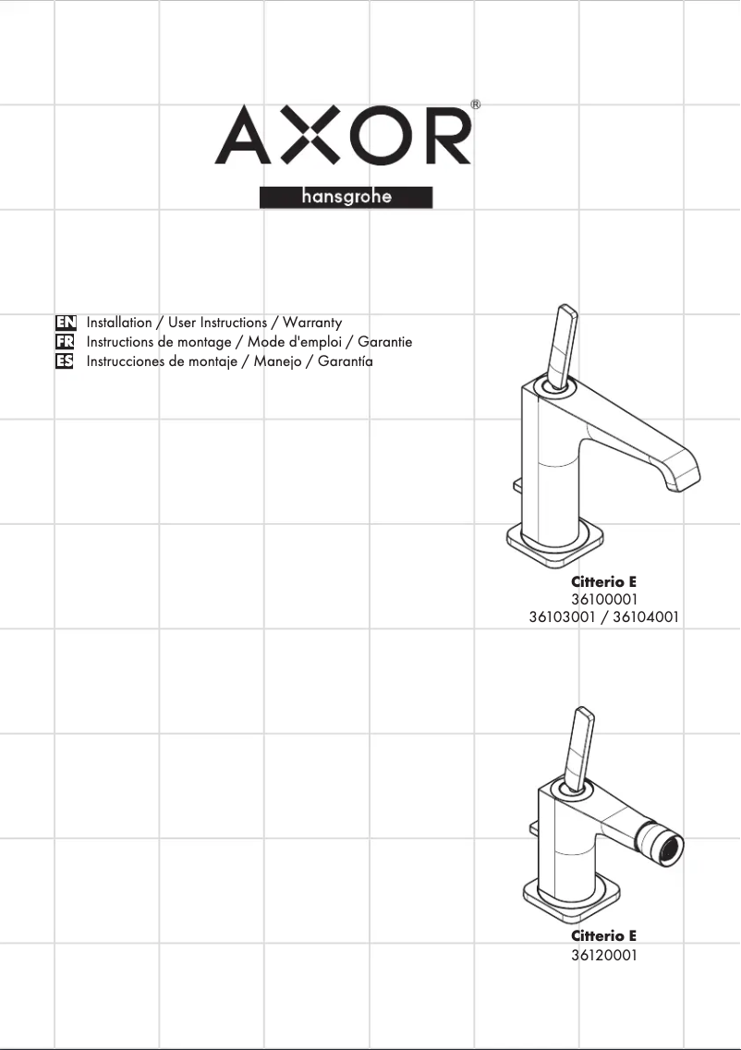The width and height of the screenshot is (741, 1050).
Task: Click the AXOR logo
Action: [x=343, y=135]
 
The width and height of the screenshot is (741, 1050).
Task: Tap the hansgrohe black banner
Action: [x=346, y=197]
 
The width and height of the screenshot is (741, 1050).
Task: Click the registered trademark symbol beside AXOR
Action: [x=475, y=104]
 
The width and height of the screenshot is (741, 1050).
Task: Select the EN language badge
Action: [x=66, y=323]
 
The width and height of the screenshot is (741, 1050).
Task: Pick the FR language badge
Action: [x=65, y=342]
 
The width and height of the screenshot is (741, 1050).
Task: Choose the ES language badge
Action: [x=65, y=361]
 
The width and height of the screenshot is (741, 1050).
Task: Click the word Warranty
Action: [x=312, y=323]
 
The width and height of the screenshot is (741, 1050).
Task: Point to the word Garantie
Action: [x=385, y=341]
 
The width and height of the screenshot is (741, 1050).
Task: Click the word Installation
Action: [x=119, y=322]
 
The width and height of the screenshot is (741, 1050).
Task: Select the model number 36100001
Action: [x=603, y=599]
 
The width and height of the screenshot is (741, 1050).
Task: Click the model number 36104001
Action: [x=646, y=617]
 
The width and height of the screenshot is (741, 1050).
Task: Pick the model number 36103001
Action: [x=562, y=617]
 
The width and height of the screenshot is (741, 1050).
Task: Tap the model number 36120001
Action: [x=603, y=955]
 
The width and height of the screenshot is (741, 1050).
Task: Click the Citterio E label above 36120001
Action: [x=603, y=935]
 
